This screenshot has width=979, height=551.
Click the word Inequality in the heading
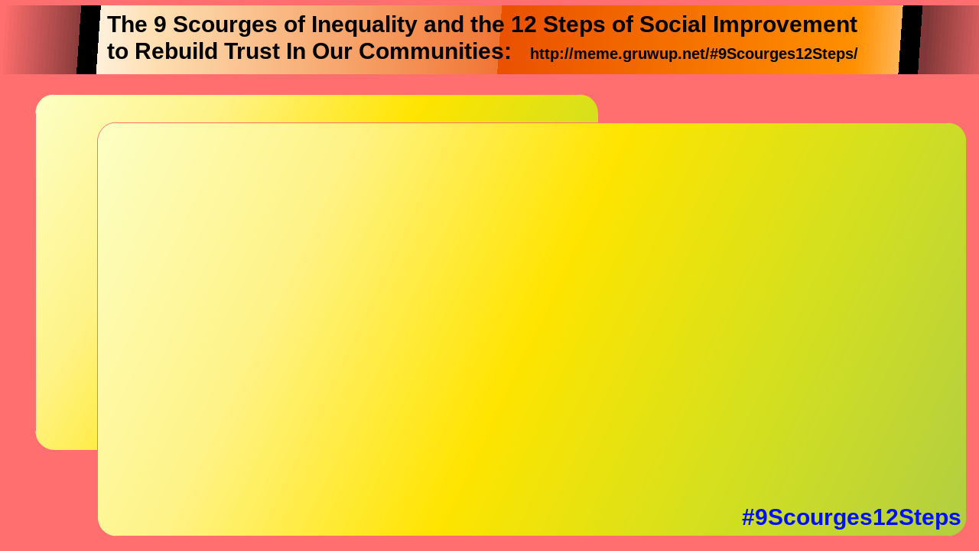364,25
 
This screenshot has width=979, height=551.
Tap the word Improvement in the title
785,24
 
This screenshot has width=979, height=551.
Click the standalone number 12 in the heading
524,24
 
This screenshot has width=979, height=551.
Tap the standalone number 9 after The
160,24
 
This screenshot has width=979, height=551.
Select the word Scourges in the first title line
225,25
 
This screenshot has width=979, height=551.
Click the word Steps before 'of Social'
574,25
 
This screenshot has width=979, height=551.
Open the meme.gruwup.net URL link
694,54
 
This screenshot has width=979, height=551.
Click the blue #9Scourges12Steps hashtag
851,517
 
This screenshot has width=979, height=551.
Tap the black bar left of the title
89,40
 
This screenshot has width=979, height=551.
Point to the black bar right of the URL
910,40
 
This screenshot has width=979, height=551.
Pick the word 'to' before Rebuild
118,51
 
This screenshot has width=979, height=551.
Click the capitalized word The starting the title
127,24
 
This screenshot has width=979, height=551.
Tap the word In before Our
296,51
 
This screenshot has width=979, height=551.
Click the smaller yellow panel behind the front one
66,271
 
